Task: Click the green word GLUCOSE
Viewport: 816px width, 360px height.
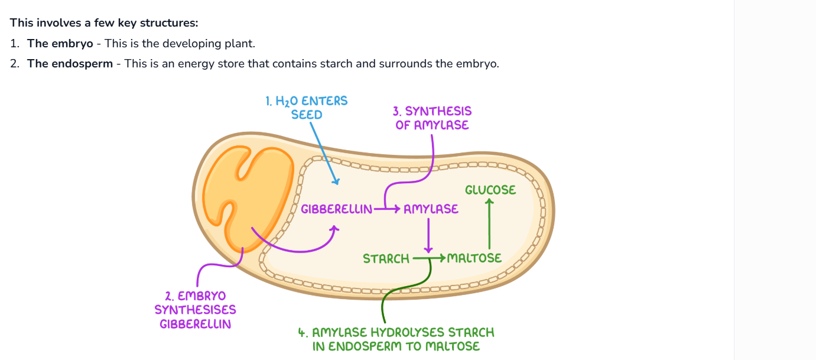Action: [x=490, y=190]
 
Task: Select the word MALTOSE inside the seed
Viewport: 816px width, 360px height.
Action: [x=474, y=258]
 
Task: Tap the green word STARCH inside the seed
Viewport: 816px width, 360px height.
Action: [x=386, y=258]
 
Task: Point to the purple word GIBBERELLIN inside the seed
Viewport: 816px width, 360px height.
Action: [x=336, y=209]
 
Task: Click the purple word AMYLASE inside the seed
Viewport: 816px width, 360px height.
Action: [x=431, y=209]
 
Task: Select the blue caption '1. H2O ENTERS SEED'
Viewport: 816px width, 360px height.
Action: [x=307, y=108]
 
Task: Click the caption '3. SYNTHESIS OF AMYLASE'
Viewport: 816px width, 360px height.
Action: [x=432, y=118]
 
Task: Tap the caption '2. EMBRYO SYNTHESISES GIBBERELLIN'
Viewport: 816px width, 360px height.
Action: [x=195, y=309]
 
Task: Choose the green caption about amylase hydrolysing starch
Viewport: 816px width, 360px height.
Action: [x=396, y=339]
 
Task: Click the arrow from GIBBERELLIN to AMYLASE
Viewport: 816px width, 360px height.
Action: [x=387, y=209]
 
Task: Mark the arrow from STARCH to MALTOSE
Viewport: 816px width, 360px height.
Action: [x=428, y=258]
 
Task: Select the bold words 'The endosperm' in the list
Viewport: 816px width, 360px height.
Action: [x=70, y=64]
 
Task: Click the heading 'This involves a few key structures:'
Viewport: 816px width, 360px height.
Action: [x=104, y=23]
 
